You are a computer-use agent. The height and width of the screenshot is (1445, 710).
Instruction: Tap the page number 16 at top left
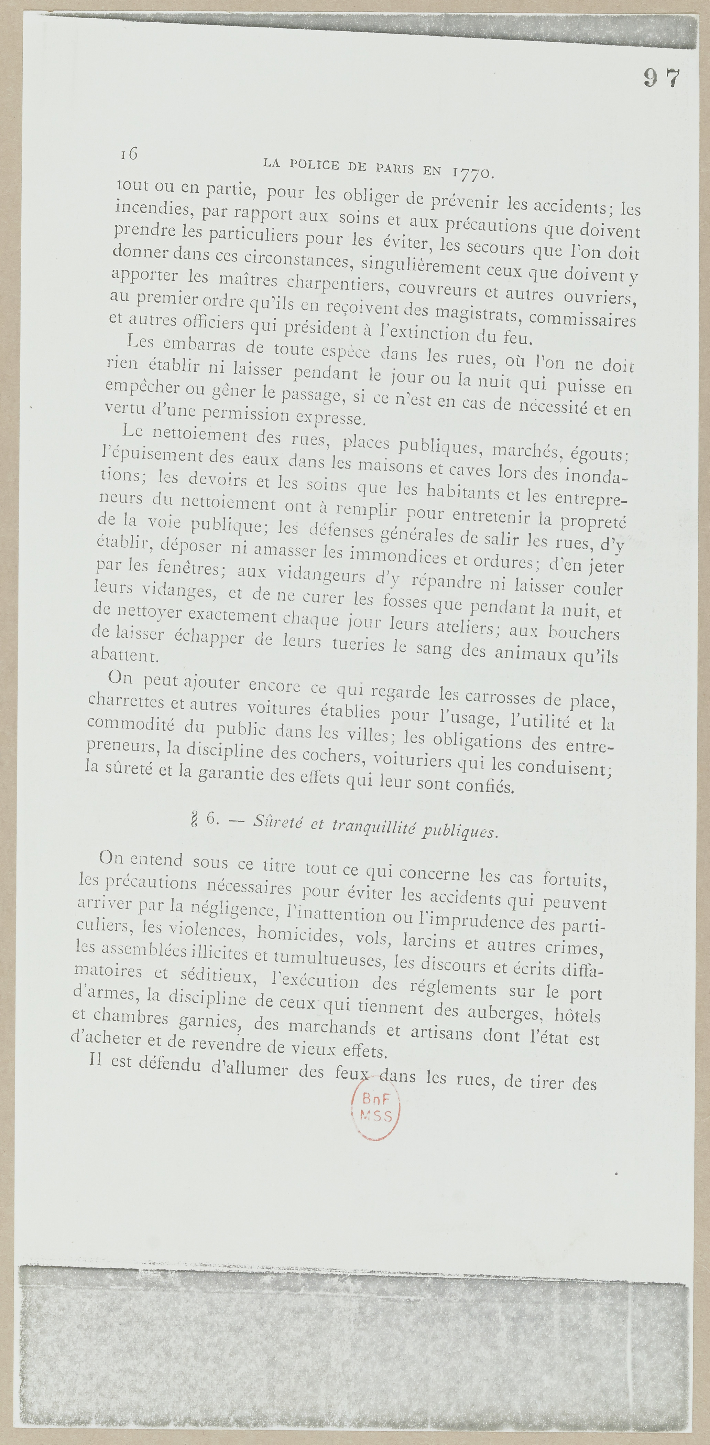129,154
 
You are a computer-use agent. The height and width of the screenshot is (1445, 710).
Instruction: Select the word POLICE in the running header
315,164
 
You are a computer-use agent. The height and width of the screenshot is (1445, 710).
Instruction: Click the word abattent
122,654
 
